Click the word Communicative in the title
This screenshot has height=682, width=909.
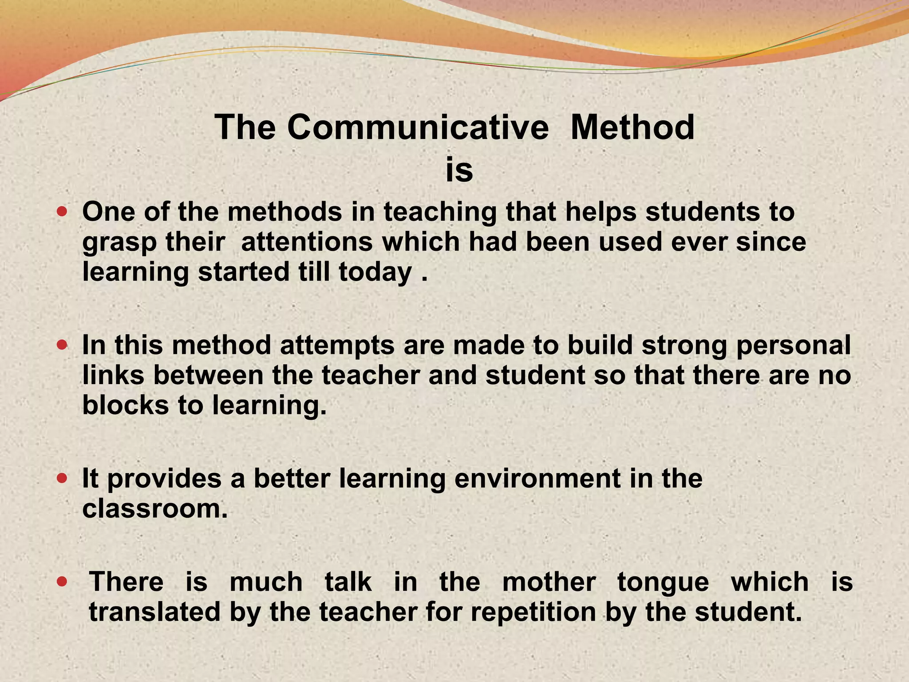click(418, 127)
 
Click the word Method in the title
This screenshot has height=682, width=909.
click(632, 127)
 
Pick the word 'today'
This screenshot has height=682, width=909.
click(375, 273)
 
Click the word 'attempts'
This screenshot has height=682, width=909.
click(337, 345)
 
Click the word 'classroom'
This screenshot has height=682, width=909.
click(154, 508)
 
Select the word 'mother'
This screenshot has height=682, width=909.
click(549, 582)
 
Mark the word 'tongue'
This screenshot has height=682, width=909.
click(663, 583)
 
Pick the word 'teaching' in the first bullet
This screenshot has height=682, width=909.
click(440, 213)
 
